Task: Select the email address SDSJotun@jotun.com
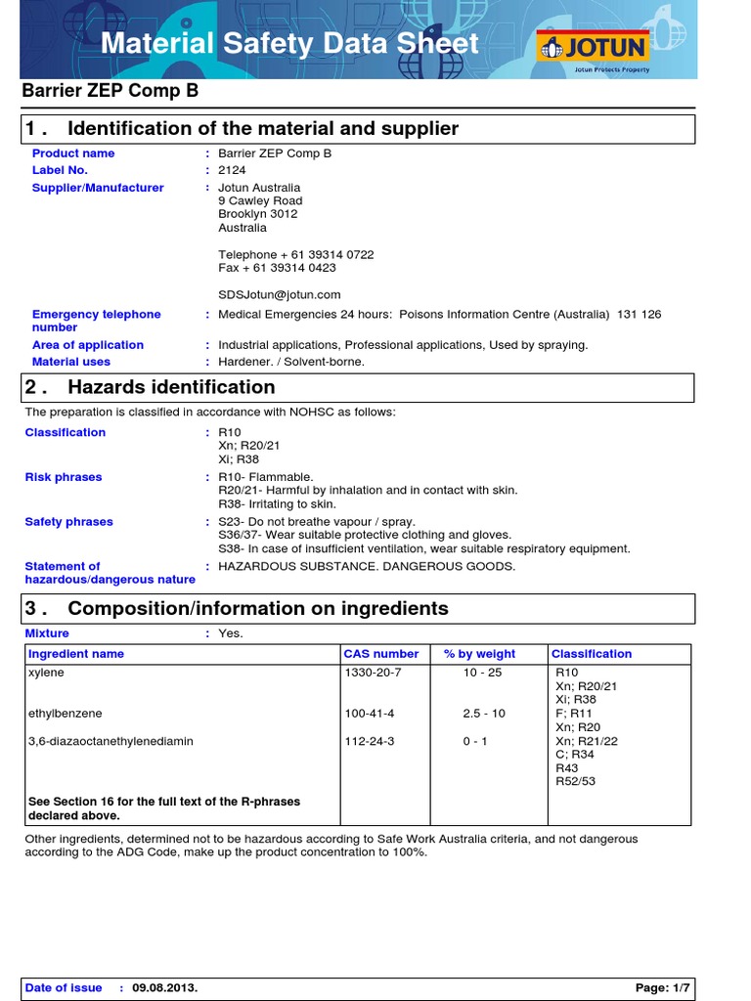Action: [279, 294]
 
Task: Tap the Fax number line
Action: [277, 268]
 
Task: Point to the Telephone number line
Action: [295, 254]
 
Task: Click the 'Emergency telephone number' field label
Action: [96, 321]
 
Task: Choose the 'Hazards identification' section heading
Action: [171, 387]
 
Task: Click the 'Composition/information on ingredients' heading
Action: [258, 608]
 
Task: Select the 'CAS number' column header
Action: [380, 654]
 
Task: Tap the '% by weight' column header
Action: [479, 654]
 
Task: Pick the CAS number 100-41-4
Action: [369, 714]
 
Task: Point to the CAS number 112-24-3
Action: [369, 741]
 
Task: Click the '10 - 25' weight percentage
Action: [482, 674]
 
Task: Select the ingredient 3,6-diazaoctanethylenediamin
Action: [110, 741]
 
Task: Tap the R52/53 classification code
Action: [574, 781]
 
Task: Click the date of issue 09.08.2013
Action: [165, 987]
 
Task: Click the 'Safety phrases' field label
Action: [68, 522]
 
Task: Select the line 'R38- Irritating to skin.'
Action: [277, 504]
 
